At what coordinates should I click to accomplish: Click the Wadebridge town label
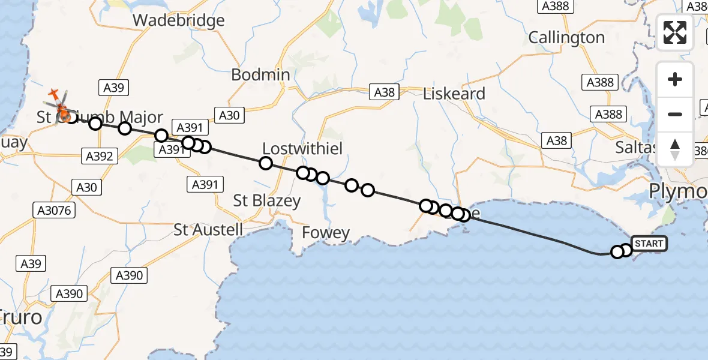[178, 20]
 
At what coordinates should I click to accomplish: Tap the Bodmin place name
[260, 75]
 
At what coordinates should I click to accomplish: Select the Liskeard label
[454, 94]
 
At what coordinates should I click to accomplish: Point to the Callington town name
[566, 38]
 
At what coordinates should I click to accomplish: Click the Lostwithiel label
[302, 148]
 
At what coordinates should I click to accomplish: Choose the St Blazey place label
[267, 200]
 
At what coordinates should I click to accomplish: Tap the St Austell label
[208, 229]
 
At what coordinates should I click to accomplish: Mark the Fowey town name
[326, 233]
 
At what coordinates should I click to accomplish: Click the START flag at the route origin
[649, 244]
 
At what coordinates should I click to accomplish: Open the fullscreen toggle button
[675, 32]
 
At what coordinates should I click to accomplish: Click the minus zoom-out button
[675, 114]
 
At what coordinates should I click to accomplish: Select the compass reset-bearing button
[675, 149]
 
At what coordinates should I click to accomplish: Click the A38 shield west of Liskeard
[385, 92]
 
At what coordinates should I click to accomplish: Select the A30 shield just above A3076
[86, 187]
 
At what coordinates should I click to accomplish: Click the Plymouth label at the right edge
[679, 192]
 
